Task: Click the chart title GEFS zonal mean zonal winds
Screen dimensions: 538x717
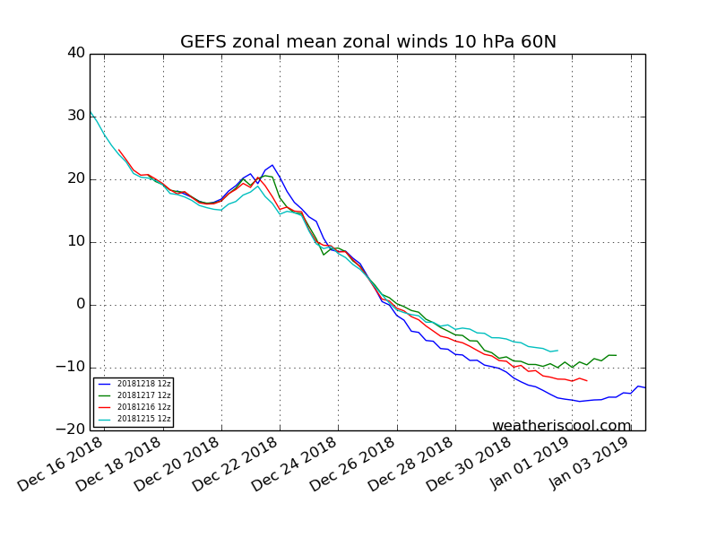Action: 367,42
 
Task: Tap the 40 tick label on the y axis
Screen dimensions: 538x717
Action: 75,54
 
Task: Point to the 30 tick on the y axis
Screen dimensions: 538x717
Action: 75,117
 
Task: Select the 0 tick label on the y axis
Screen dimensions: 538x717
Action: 81,305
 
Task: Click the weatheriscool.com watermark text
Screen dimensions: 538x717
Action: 561,426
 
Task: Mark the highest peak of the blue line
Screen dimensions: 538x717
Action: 272,165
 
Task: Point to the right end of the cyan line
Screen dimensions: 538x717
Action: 557,351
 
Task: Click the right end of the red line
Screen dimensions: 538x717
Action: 587,381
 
